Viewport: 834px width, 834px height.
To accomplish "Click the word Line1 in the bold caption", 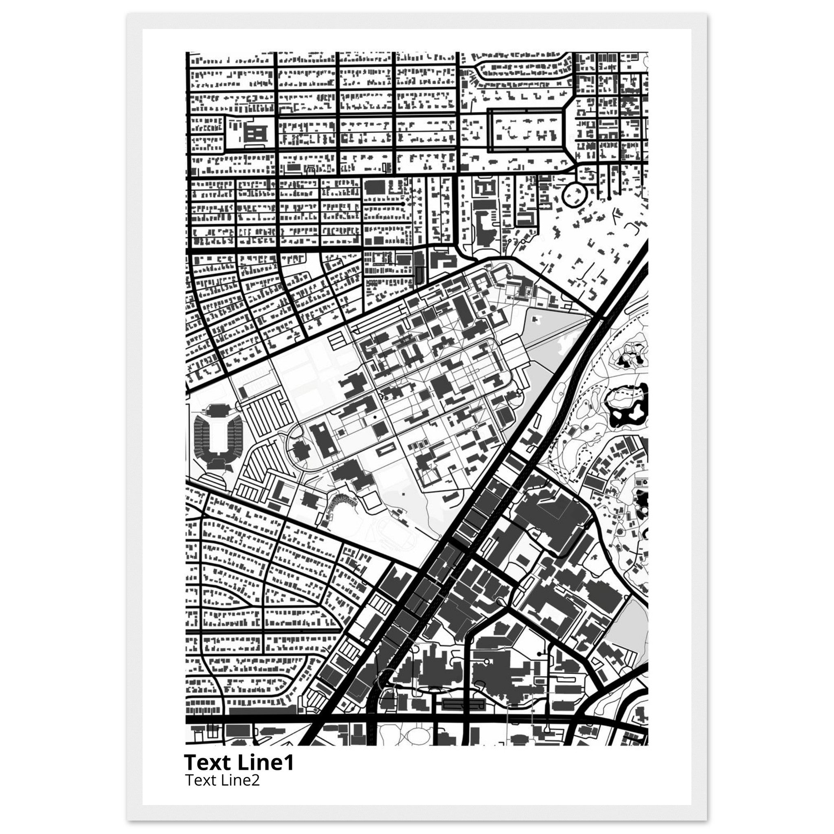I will (x=266, y=763).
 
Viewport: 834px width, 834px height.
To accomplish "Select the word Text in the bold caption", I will (x=209, y=763).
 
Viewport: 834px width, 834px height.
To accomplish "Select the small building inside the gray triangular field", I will (x=537, y=320).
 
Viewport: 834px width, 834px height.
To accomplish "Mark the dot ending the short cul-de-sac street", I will (x=403, y=203).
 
